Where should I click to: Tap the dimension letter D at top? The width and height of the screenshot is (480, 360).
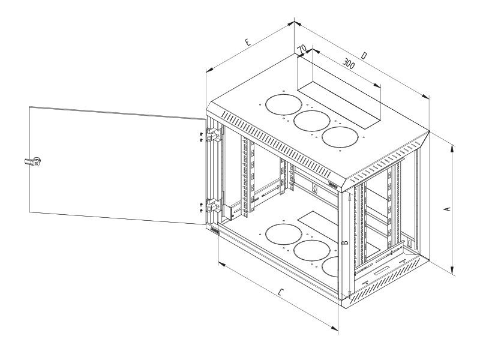[x=365, y=56]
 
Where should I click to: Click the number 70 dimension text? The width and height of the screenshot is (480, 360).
[x=301, y=47]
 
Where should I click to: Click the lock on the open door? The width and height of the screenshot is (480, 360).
[x=34, y=161]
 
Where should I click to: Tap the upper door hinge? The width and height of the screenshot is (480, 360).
[x=211, y=136]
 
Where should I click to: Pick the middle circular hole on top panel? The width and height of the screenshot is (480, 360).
[x=310, y=121]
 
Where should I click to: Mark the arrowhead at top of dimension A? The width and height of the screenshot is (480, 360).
[x=450, y=143]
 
